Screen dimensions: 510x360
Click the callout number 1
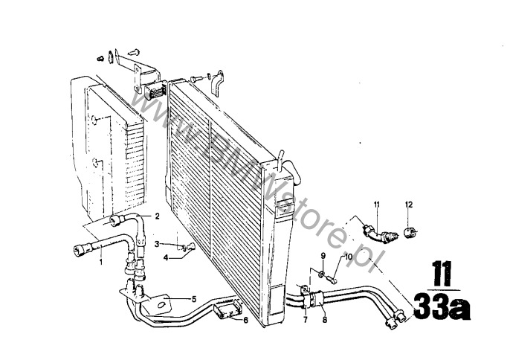click(x=101, y=261)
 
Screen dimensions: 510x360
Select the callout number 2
click(x=157, y=216)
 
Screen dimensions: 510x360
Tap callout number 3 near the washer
click(x=157, y=244)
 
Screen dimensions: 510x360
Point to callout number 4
click(x=166, y=258)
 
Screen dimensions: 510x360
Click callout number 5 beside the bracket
click(x=194, y=299)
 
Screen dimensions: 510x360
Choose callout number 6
click(x=245, y=321)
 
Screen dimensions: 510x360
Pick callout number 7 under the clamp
click(x=306, y=320)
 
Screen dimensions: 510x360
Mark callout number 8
click(x=324, y=320)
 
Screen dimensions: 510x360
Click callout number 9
click(x=323, y=256)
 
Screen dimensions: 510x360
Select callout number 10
click(x=349, y=257)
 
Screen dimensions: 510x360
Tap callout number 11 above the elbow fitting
click(x=377, y=205)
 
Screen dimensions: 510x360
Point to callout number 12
click(x=409, y=205)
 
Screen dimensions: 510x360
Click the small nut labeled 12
click(x=410, y=233)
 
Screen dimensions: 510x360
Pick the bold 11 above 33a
click(x=442, y=274)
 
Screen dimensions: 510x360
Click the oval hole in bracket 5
click(x=162, y=305)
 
